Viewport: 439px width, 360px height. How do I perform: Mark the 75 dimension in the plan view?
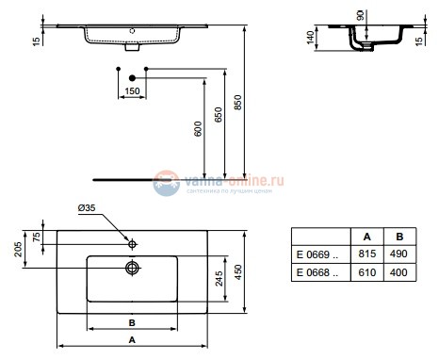tap(37, 237)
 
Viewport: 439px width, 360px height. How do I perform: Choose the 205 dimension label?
tap(17, 248)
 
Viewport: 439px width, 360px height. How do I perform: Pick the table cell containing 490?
tap(398, 254)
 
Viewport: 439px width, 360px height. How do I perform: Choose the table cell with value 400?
tap(398, 273)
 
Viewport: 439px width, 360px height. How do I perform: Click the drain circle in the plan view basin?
tap(133, 268)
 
